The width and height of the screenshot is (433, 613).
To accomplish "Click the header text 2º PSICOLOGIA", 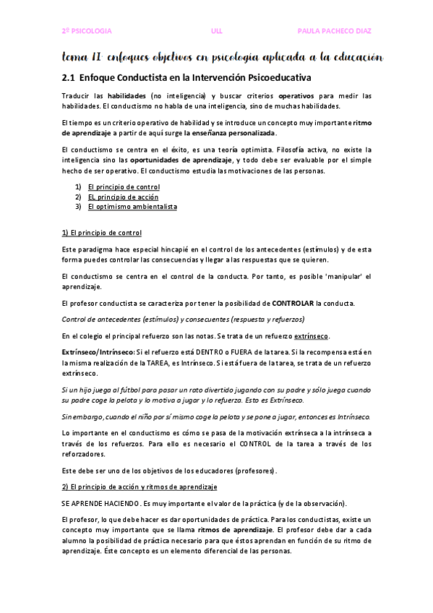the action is [x=86, y=31].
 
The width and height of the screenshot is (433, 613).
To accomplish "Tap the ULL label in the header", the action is [x=217, y=31].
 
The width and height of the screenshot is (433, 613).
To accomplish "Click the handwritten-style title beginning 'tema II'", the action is [x=221, y=57].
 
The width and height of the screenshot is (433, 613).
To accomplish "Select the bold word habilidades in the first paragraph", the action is [x=127, y=95].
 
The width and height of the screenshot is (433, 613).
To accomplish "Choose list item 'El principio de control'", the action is [x=124, y=187].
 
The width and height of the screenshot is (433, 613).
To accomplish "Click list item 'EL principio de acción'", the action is [x=123, y=197].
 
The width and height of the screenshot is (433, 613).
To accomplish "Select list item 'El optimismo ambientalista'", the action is [x=132, y=207].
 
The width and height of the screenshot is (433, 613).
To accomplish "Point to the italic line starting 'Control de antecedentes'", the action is [x=184, y=319].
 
